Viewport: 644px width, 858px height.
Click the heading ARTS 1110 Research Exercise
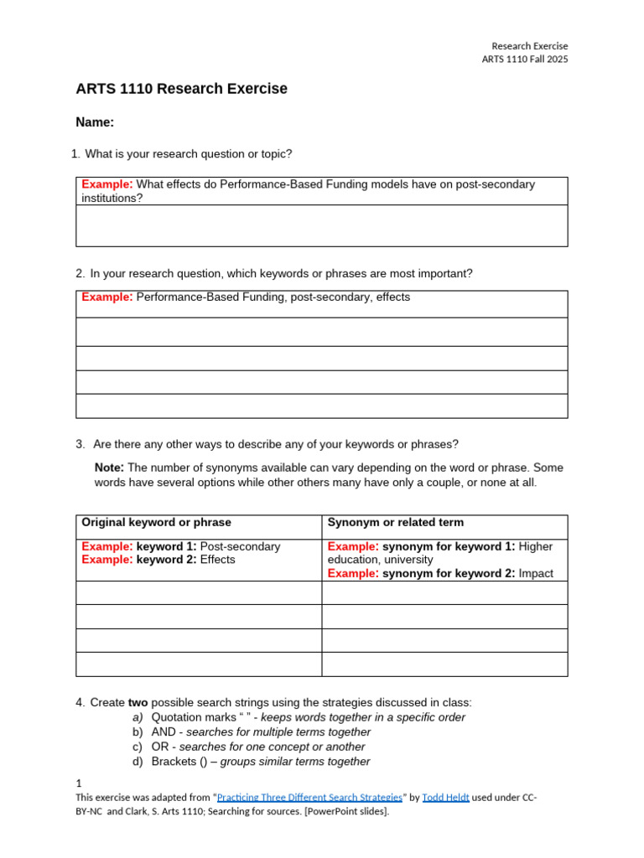[181, 89]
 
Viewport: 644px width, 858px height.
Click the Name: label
[95, 122]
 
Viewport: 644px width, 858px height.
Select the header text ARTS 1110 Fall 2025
[524, 59]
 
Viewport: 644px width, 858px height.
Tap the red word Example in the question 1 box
[106, 184]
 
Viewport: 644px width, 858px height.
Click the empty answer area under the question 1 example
[321, 225]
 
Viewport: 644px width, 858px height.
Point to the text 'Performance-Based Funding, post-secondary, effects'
[273, 297]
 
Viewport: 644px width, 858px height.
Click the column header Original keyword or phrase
[156, 523]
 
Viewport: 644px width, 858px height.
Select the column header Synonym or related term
[395, 523]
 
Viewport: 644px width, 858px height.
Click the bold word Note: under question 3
[109, 468]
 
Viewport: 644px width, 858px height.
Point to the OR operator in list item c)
[160, 747]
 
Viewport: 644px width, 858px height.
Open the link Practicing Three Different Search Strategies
[309, 798]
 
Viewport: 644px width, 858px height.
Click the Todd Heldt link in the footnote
[444, 798]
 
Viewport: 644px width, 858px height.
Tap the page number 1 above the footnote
[79, 783]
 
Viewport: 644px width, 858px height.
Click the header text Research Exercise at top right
[529, 46]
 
